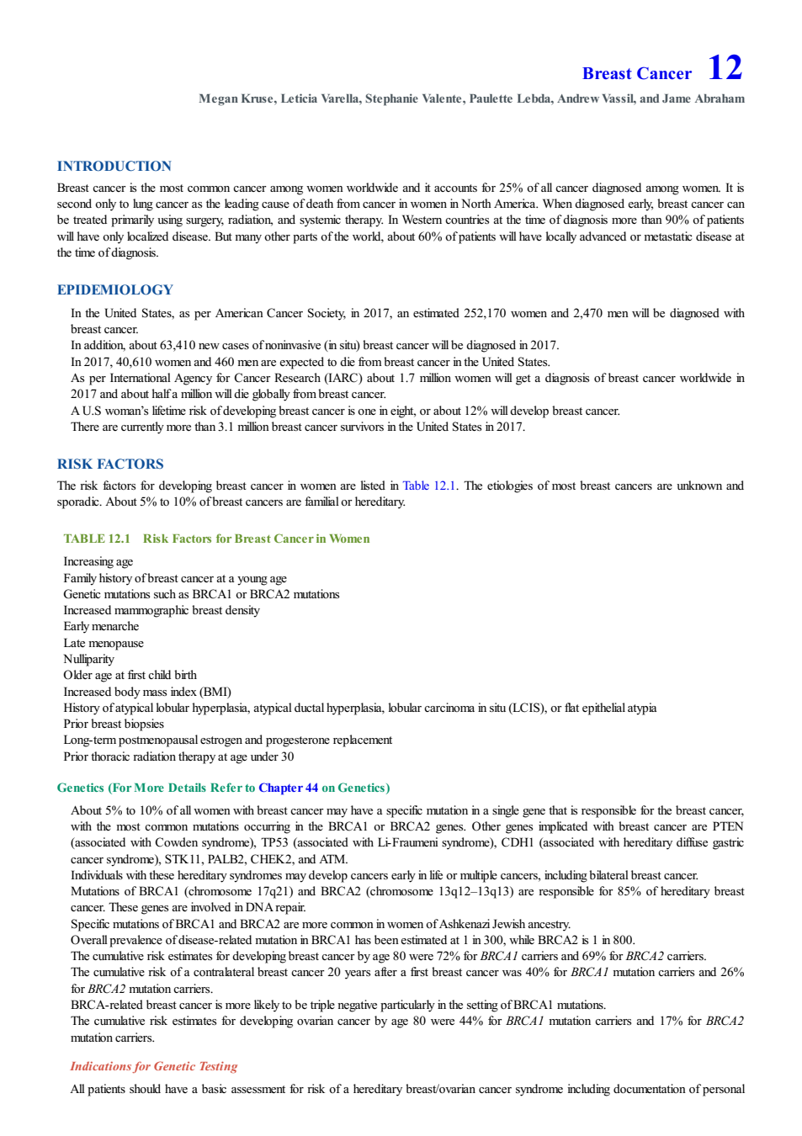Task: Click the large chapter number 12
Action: (724, 67)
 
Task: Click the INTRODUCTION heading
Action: (114, 166)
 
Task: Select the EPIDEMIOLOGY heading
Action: (115, 289)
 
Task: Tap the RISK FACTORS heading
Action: (110, 464)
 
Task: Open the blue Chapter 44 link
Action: (288, 788)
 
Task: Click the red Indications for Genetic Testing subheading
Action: (154, 1066)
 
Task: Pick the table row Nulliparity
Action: (88, 659)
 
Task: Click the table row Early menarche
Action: (101, 626)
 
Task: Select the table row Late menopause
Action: (104, 643)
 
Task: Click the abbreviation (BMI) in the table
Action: (215, 691)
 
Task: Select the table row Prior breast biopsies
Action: (114, 724)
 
